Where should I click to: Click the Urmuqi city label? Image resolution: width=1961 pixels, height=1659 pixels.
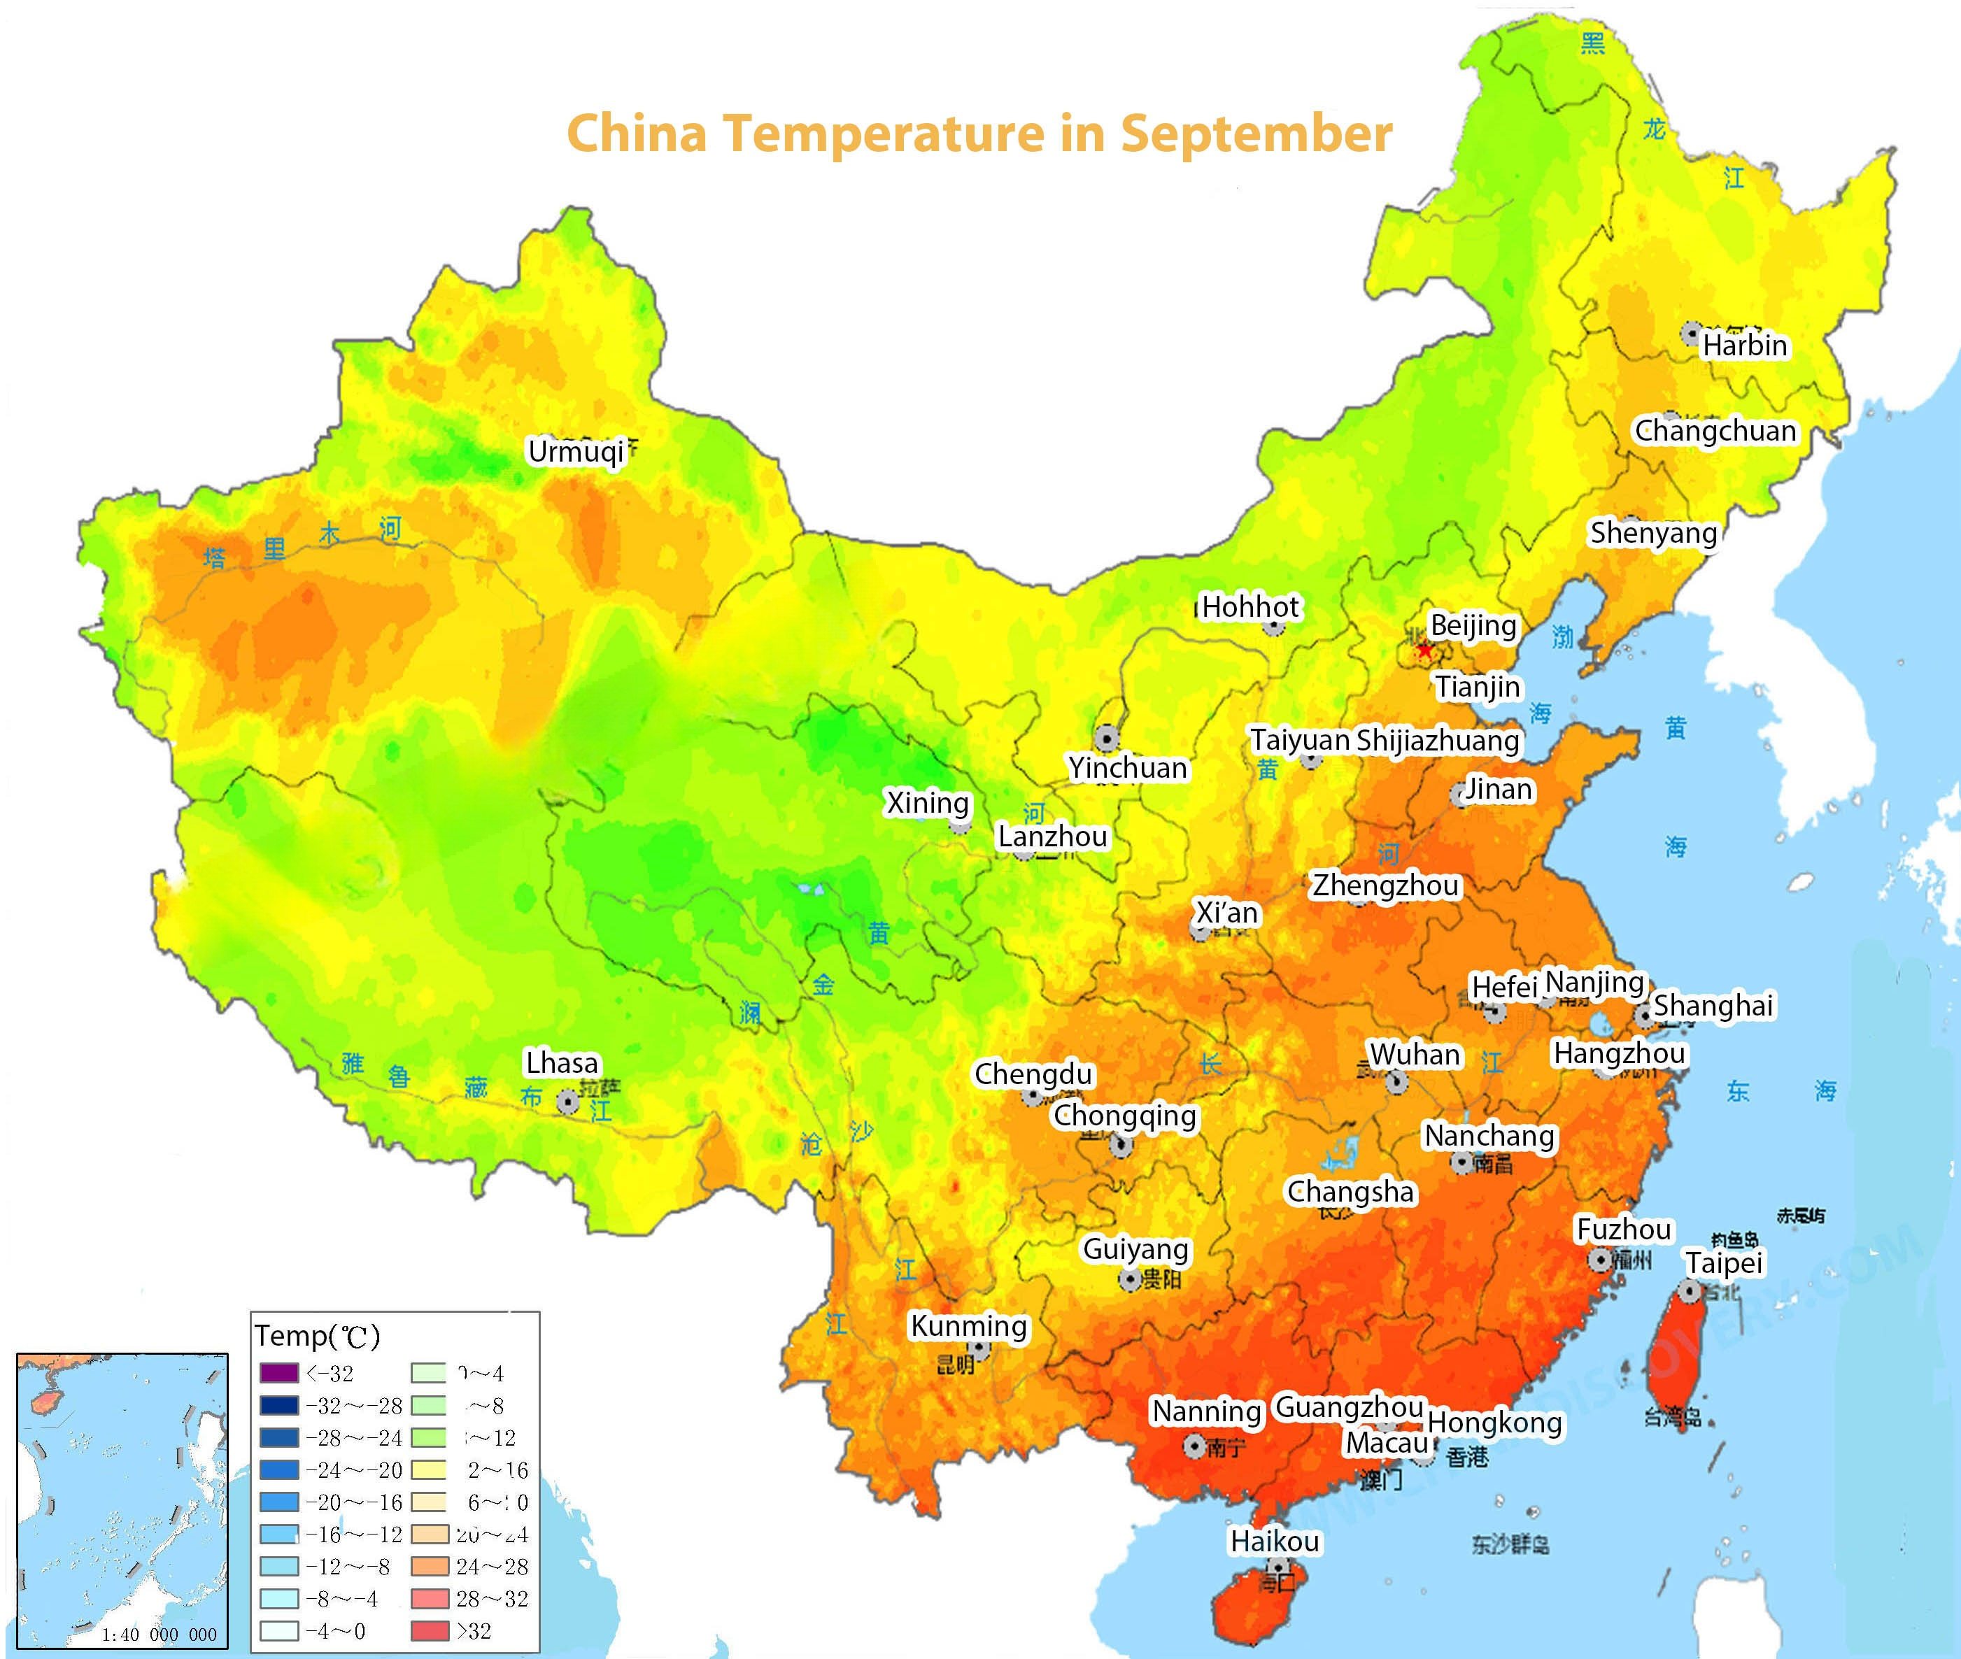click(x=576, y=451)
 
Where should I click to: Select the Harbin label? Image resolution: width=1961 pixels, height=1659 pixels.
click(x=1745, y=345)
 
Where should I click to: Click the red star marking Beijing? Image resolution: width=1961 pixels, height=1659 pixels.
click(x=1425, y=650)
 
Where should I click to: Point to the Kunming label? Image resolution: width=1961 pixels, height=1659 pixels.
click(x=969, y=1326)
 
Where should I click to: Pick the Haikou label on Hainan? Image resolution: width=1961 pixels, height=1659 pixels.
click(x=1275, y=1541)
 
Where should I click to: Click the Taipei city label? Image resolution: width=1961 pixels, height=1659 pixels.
click(x=1724, y=1262)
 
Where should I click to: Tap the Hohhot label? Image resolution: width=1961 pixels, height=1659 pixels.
click(x=1250, y=608)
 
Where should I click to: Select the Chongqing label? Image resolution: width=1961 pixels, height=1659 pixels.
click(x=1125, y=1116)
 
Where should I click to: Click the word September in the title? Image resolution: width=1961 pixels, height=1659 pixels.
click(x=1256, y=134)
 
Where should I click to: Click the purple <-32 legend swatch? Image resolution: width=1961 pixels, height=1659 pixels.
click(x=278, y=1373)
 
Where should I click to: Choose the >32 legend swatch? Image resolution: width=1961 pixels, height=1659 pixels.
click(x=430, y=1631)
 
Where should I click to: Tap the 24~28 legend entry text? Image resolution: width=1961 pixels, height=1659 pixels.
click(x=492, y=1567)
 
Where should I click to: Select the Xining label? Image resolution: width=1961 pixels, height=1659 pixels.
click(x=928, y=803)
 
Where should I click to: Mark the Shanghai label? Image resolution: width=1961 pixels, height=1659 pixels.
click(x=1713, y=1005)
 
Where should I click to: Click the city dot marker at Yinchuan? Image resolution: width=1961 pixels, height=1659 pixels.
click(x=1107, y=737)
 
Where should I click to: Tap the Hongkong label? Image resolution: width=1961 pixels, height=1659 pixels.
click(x=1494, y=1423)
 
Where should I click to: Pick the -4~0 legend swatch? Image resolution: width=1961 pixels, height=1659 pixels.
click(x=278, y=1631)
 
